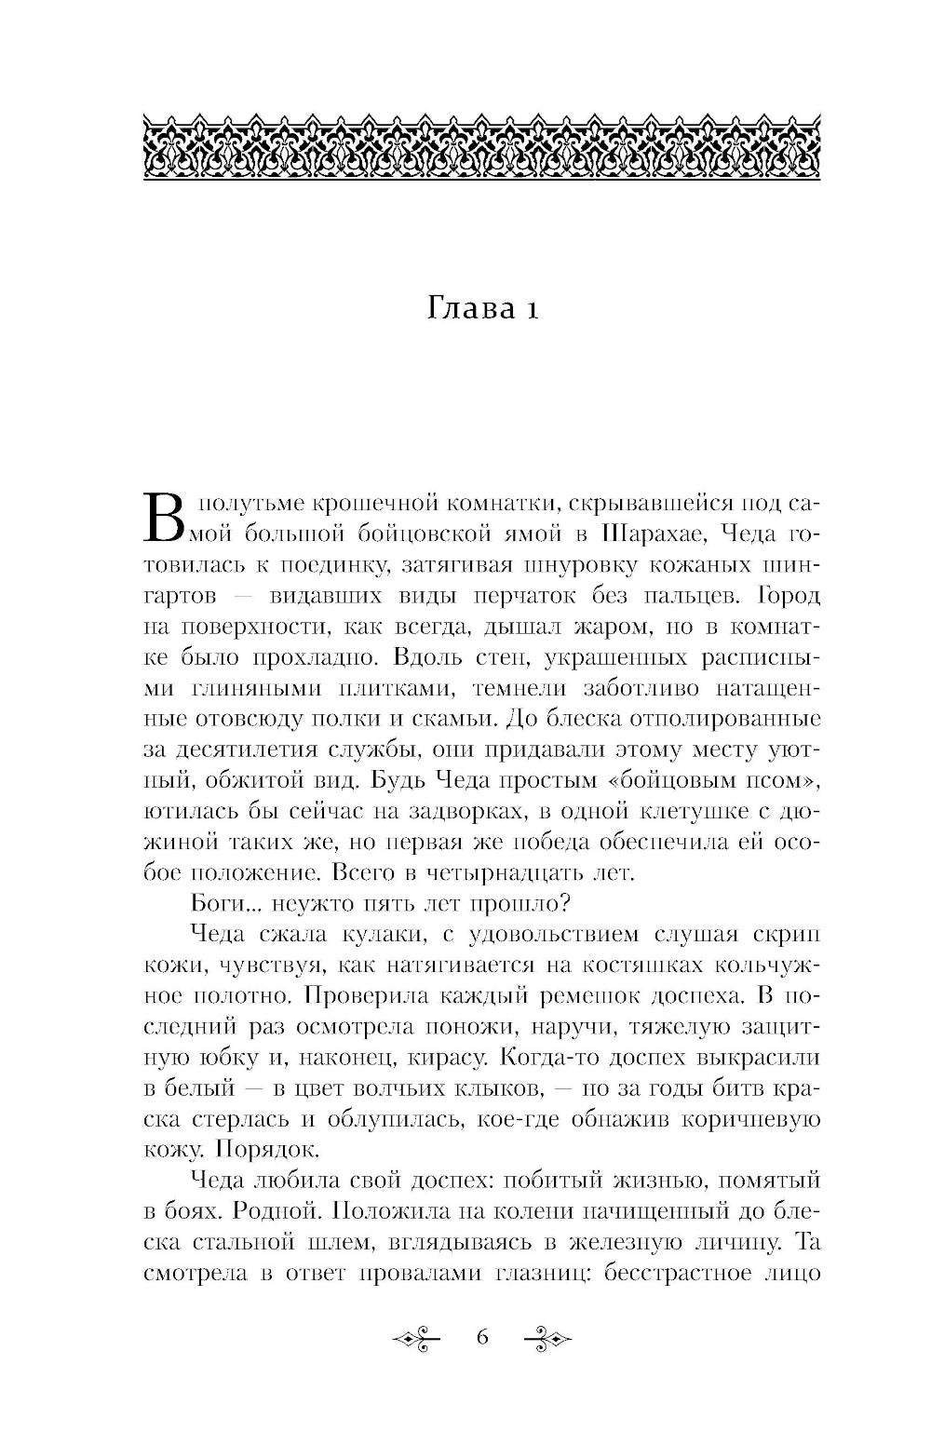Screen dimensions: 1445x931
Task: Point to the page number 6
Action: [482, 1338]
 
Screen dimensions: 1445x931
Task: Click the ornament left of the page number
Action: [419, 1339]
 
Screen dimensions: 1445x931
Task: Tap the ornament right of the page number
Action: [546, 1339]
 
